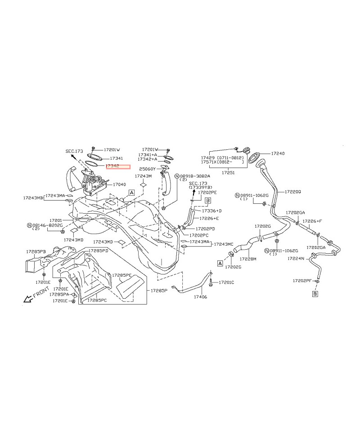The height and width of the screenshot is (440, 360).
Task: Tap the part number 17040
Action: click(119, 184)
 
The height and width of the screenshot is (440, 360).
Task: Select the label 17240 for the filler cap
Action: click(278, 153)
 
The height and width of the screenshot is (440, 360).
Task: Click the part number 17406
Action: click(200, 297)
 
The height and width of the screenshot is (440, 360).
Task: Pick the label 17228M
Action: click(247, 259)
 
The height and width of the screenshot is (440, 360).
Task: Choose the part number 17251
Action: click(228, 172)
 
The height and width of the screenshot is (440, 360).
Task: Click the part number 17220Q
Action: click(292, 192)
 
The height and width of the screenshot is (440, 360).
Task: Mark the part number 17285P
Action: click(158, 291)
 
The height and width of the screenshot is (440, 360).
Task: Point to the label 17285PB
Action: click(36, 251)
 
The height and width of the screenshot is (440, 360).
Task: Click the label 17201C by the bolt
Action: click(226, 283)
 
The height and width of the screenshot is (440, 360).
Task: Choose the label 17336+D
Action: click(211, 211)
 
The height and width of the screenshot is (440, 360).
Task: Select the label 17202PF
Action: click(302, 280)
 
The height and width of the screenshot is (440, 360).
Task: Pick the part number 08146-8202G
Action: click(47, 224)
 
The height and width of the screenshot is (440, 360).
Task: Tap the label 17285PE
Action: click(122, 275)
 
